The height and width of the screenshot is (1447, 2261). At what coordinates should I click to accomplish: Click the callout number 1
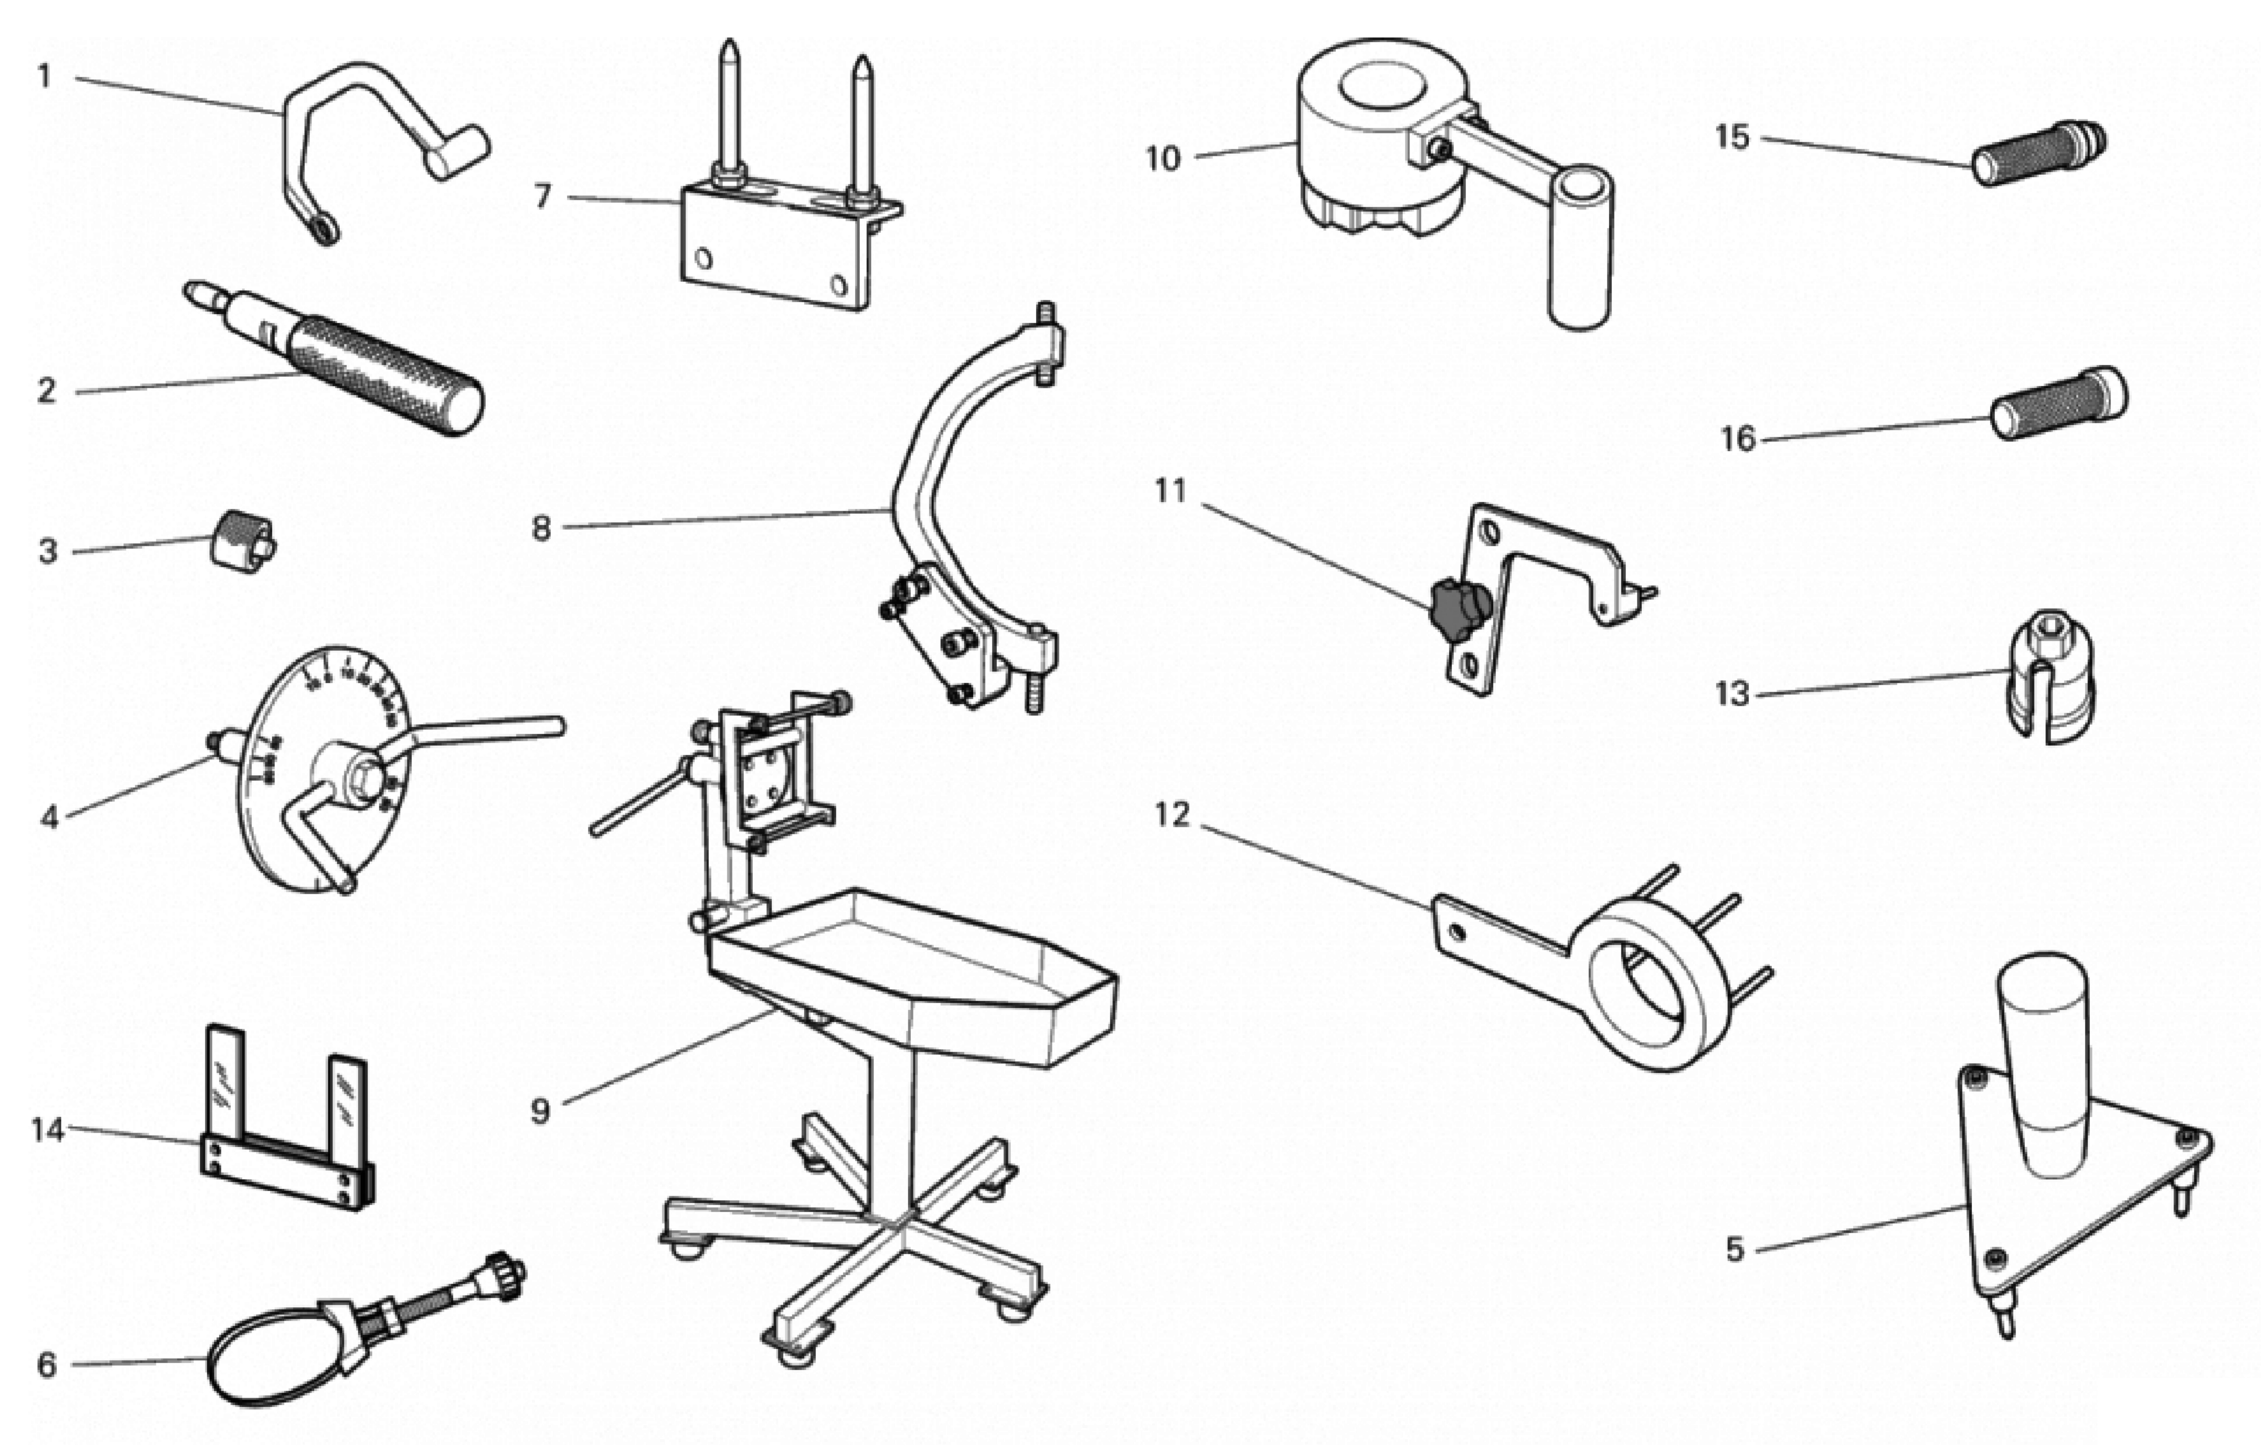tap(43, 76)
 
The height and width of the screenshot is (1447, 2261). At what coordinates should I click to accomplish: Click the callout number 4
tap(49, 817)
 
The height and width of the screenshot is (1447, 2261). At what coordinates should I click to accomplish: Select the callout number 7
tap(542, 196)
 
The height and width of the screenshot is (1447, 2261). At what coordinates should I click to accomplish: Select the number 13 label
tap(1732, 694)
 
